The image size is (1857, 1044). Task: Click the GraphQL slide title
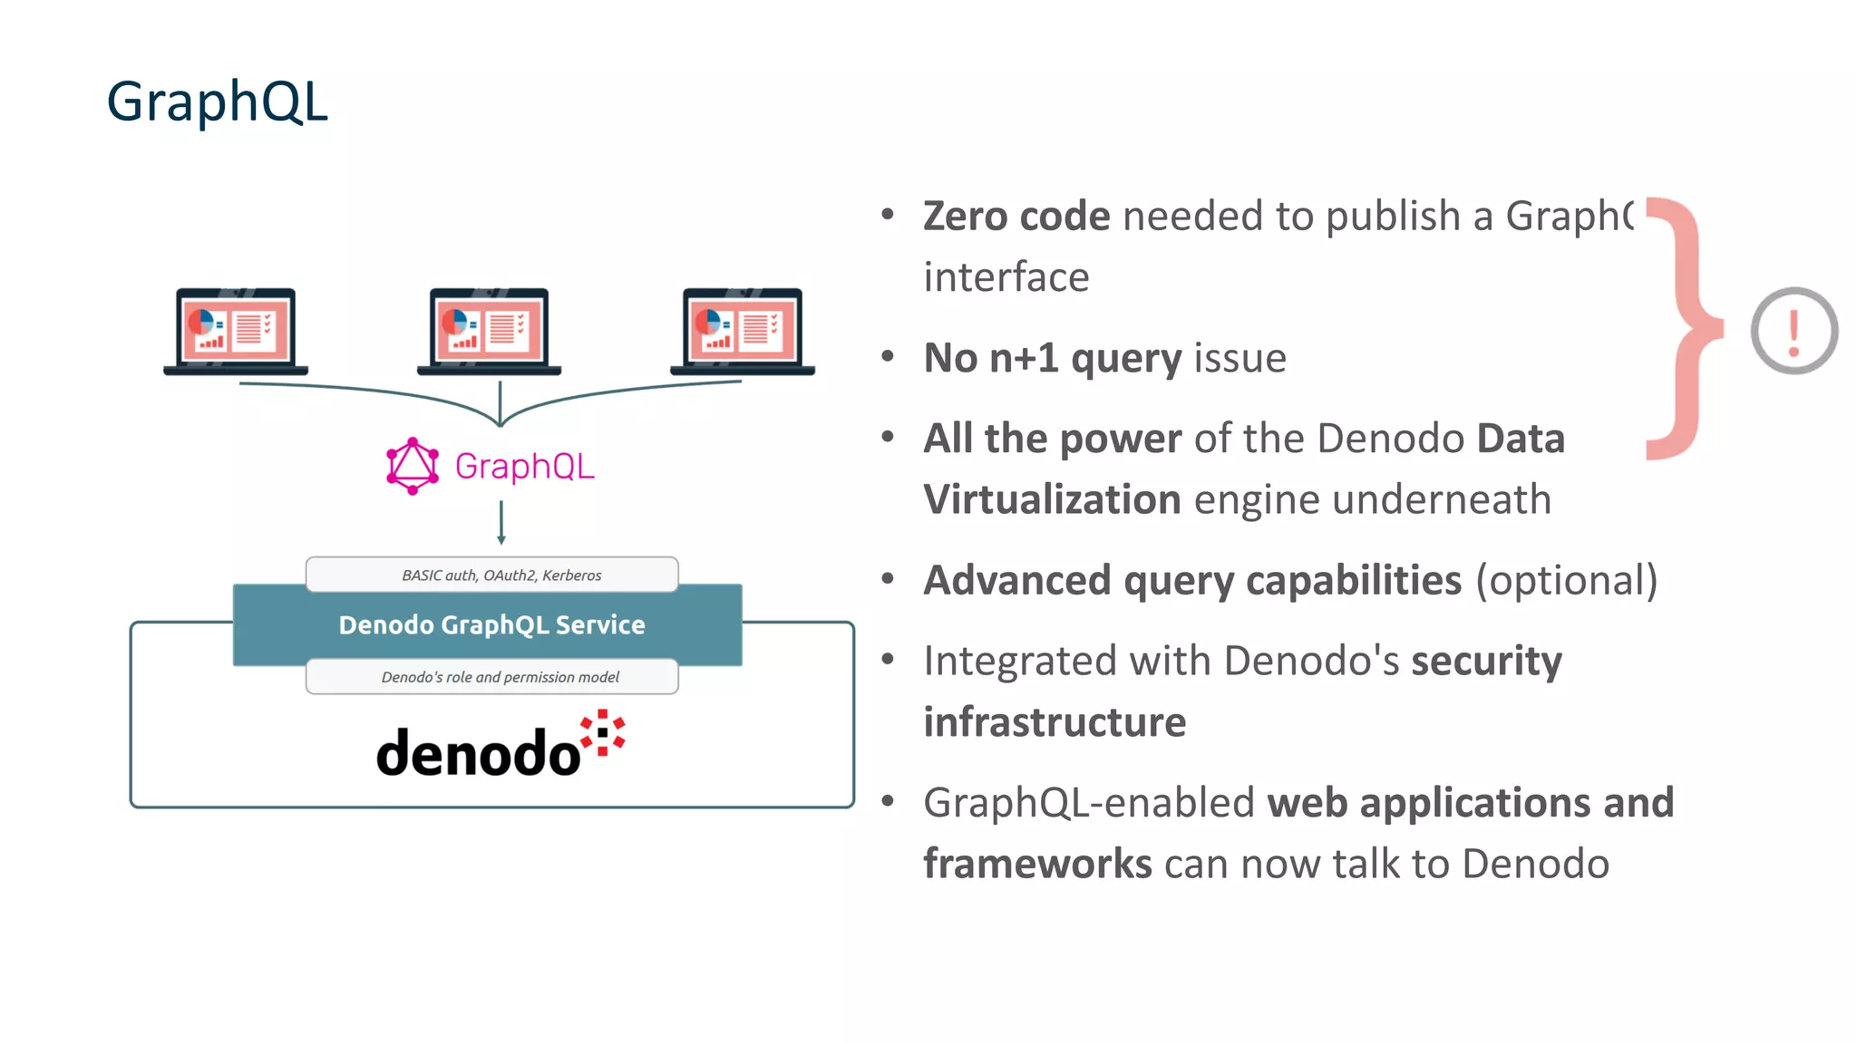217,101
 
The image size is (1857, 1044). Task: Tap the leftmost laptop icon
236,331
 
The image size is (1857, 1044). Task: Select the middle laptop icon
490,331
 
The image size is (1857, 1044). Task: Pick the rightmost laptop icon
743,331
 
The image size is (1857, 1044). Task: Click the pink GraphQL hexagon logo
413,466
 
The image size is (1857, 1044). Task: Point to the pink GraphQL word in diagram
524,467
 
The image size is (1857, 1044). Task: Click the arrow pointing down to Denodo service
501,523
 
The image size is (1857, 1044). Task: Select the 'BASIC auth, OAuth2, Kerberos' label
501,575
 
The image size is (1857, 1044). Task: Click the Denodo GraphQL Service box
491,625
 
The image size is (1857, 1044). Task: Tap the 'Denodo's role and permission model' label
500,677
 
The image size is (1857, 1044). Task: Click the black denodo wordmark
478,752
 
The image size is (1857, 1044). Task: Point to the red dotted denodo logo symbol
603,732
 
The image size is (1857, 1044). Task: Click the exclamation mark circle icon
1794,331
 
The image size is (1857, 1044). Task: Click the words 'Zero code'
1016,217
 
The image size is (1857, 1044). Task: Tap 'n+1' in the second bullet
1023,358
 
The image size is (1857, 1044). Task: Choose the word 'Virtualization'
1052,500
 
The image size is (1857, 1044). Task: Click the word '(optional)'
1566,581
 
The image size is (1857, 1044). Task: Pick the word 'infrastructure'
1055,722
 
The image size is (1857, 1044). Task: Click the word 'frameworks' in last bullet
1037,864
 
